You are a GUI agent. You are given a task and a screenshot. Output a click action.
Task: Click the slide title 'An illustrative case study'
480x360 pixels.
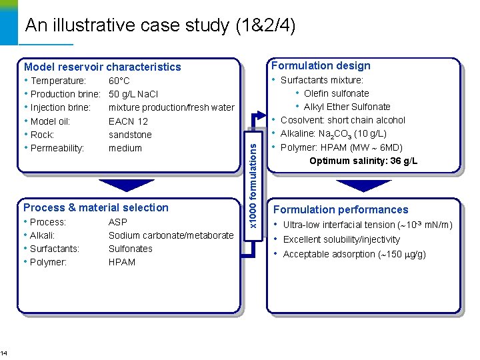pos(160,26)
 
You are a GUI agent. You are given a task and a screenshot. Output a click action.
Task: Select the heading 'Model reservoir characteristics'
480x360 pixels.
pos(102,67)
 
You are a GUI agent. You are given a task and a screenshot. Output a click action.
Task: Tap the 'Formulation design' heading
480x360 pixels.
pos(320,65)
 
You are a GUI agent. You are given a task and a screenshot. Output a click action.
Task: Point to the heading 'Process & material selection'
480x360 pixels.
pos(96,207)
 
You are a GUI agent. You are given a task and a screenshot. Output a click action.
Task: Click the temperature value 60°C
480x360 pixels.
pos(119,81)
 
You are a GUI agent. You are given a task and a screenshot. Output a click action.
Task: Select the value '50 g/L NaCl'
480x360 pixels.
pos(133,94)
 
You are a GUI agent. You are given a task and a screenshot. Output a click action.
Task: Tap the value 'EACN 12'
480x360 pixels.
pos(128,121)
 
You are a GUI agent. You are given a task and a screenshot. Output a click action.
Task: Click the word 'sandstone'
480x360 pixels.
pos(130,135)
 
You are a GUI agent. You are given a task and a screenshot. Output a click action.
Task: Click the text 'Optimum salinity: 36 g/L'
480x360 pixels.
pos(363,161)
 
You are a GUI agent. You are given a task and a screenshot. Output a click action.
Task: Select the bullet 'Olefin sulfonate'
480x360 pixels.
pos(336,93)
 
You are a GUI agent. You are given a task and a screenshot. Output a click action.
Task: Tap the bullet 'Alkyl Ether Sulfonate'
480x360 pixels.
pos(347,107)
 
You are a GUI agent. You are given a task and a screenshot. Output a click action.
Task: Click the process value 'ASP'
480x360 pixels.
pos(117,222)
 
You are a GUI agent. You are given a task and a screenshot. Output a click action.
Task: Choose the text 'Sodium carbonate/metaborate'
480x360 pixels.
pos(171,235)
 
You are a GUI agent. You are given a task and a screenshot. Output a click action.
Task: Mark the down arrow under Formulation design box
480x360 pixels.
pos(363,185)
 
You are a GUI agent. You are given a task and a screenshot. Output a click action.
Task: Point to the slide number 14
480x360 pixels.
pos(3,353)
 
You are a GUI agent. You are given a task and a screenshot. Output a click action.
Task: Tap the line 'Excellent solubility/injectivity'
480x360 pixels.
pos(341,239)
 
